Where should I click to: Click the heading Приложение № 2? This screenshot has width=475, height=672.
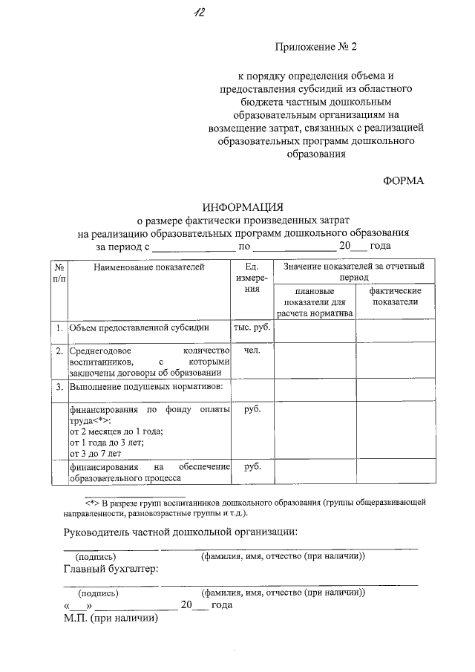tap(316, 46)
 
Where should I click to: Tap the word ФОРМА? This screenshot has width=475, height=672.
tap(404, 180)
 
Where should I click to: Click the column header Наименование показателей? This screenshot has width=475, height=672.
tap(148, 267)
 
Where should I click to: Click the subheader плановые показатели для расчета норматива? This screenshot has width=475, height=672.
tap(315, 301)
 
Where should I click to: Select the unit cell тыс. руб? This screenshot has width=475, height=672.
tap(251, 327)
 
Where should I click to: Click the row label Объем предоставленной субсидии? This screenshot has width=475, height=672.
tap(139, 327)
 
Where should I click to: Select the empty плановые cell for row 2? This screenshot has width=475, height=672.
tap(315, 361)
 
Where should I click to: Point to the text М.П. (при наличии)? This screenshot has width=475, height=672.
tap(111, 618)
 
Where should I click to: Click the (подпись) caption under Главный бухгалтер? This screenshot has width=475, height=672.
tap(98, 593)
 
